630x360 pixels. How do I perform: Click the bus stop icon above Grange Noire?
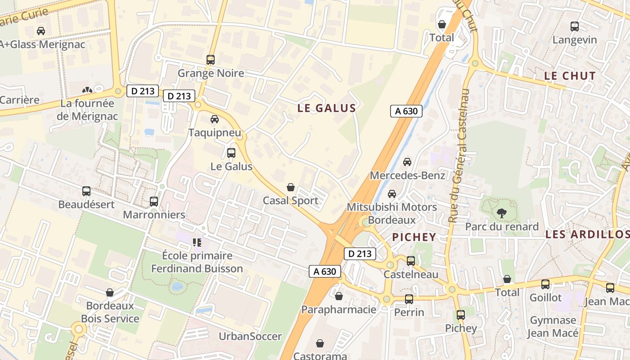210,59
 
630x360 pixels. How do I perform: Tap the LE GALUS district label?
327,108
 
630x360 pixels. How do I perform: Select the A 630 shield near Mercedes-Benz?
406,111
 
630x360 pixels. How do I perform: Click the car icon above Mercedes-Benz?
407,162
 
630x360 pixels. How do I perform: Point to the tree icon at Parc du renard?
501,213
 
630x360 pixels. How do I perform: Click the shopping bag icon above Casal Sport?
291,187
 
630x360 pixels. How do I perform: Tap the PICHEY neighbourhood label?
414,237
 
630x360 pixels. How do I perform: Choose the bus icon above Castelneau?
410,261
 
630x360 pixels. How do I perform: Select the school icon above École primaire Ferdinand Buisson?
197,243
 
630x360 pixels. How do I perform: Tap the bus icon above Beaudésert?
86,191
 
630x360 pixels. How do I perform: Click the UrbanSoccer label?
250,336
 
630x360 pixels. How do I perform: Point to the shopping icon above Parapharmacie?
339,296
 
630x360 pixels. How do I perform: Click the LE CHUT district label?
570,76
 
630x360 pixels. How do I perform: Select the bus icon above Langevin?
575,27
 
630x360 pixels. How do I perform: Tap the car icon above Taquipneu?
215,119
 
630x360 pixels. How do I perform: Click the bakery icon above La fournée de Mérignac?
87,90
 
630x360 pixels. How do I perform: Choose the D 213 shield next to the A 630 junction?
360,254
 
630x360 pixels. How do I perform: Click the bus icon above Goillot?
545,284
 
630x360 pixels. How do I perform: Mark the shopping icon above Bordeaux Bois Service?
110,292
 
